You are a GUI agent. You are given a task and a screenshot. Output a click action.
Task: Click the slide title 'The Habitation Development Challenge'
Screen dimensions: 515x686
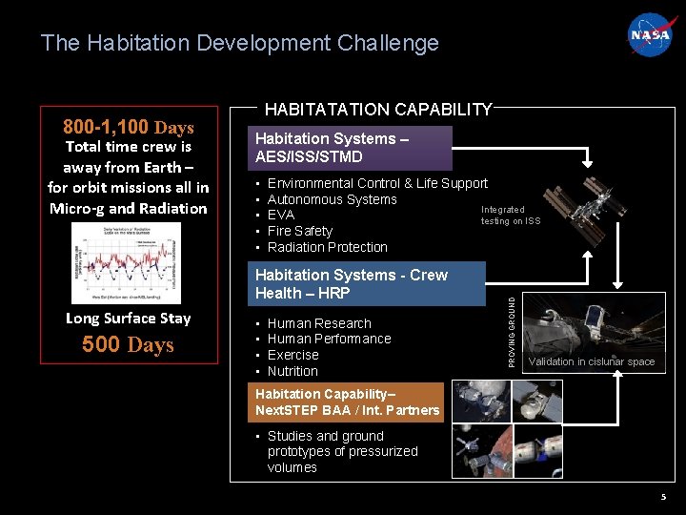[240, 43]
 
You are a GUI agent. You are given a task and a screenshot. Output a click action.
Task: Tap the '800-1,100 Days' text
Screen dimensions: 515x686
[128, 127]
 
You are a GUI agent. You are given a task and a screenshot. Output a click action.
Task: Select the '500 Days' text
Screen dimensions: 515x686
[128, 344]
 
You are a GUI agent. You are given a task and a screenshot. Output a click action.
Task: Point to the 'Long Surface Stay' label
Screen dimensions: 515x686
[128, 318]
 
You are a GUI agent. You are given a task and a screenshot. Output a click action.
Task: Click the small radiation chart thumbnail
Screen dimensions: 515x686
[127, 262]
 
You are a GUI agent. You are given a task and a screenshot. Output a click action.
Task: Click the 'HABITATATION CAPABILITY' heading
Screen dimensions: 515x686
[377, 110]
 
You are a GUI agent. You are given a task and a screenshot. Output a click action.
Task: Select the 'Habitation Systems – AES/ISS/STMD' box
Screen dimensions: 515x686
[349, 148]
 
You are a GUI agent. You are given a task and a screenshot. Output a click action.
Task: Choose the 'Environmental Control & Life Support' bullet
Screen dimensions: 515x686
[377, 183]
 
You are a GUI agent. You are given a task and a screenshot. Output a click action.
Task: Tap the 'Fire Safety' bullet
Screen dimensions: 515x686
[300, 231]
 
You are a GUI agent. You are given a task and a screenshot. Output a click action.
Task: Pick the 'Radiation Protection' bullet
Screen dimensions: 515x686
[328, 247]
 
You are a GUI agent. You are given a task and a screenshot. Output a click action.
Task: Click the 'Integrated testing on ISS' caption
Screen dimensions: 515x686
[510, 216]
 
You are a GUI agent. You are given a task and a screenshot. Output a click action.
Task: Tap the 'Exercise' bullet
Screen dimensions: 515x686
[293, 355]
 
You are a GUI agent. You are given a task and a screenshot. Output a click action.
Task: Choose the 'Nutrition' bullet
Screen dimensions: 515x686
[293, 371]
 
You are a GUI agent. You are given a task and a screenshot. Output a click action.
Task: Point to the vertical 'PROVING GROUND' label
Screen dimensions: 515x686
[512, 331]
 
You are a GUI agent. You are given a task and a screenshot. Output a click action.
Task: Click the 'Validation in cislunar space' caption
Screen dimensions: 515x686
[592, 361]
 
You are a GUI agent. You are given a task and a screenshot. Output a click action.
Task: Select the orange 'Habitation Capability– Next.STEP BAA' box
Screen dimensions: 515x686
[347, 402]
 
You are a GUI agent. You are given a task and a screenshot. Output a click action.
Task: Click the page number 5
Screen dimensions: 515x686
[663, 497]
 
